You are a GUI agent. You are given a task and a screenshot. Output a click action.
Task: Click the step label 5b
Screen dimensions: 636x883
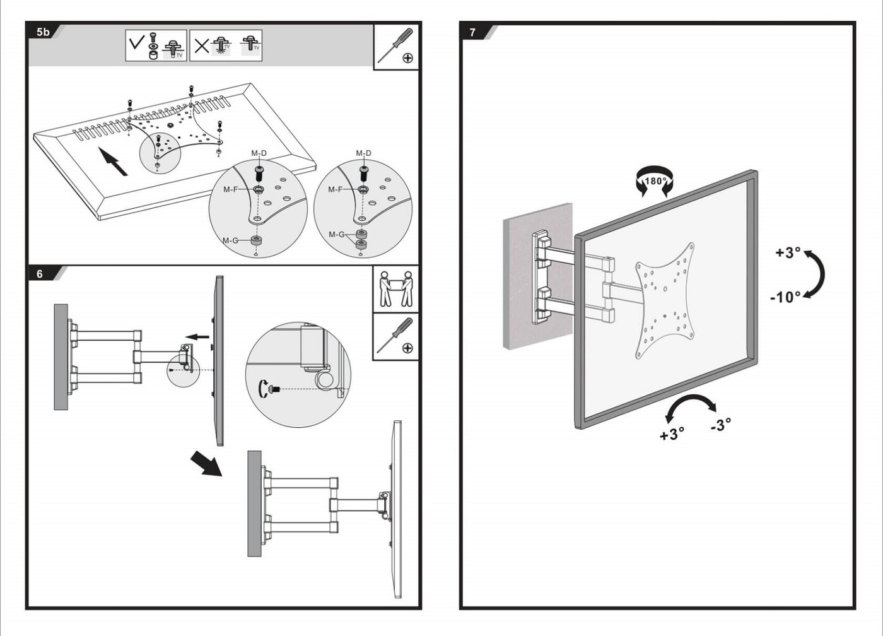(x=43, y=32)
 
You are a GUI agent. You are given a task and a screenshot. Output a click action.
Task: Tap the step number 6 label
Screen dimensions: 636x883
(x=40, y=274)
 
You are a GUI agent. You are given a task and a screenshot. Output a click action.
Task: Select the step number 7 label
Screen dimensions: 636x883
(x=472, y=32)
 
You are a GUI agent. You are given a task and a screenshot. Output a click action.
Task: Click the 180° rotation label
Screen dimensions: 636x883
(x=655, y=181)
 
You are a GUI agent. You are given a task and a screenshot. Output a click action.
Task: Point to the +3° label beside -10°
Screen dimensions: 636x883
(x=788, y=253)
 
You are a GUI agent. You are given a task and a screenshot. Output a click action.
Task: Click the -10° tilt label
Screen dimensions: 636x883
(x=785, y=297)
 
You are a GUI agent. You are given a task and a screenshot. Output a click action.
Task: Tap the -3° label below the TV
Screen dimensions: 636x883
(x=721, y=425)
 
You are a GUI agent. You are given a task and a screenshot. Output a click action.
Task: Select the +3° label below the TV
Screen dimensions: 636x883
(x=672, y=435)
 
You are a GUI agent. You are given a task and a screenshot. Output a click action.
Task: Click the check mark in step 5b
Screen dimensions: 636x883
(x=136, y=44)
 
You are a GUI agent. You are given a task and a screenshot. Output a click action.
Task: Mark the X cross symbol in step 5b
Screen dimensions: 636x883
(x=201, y=45)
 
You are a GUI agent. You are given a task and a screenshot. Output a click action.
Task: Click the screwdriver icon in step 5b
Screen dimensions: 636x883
(x=396, y=46)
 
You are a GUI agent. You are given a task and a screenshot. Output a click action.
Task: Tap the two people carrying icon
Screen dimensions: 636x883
(x=395, y=289)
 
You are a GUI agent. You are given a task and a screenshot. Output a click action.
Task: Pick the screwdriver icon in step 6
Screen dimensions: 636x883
(x=395, y=336)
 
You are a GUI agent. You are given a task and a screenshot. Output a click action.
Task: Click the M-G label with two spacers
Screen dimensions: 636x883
(x=336, y=235)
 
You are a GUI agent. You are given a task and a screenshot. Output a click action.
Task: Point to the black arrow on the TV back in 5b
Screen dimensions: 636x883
(x=112, y=161)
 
